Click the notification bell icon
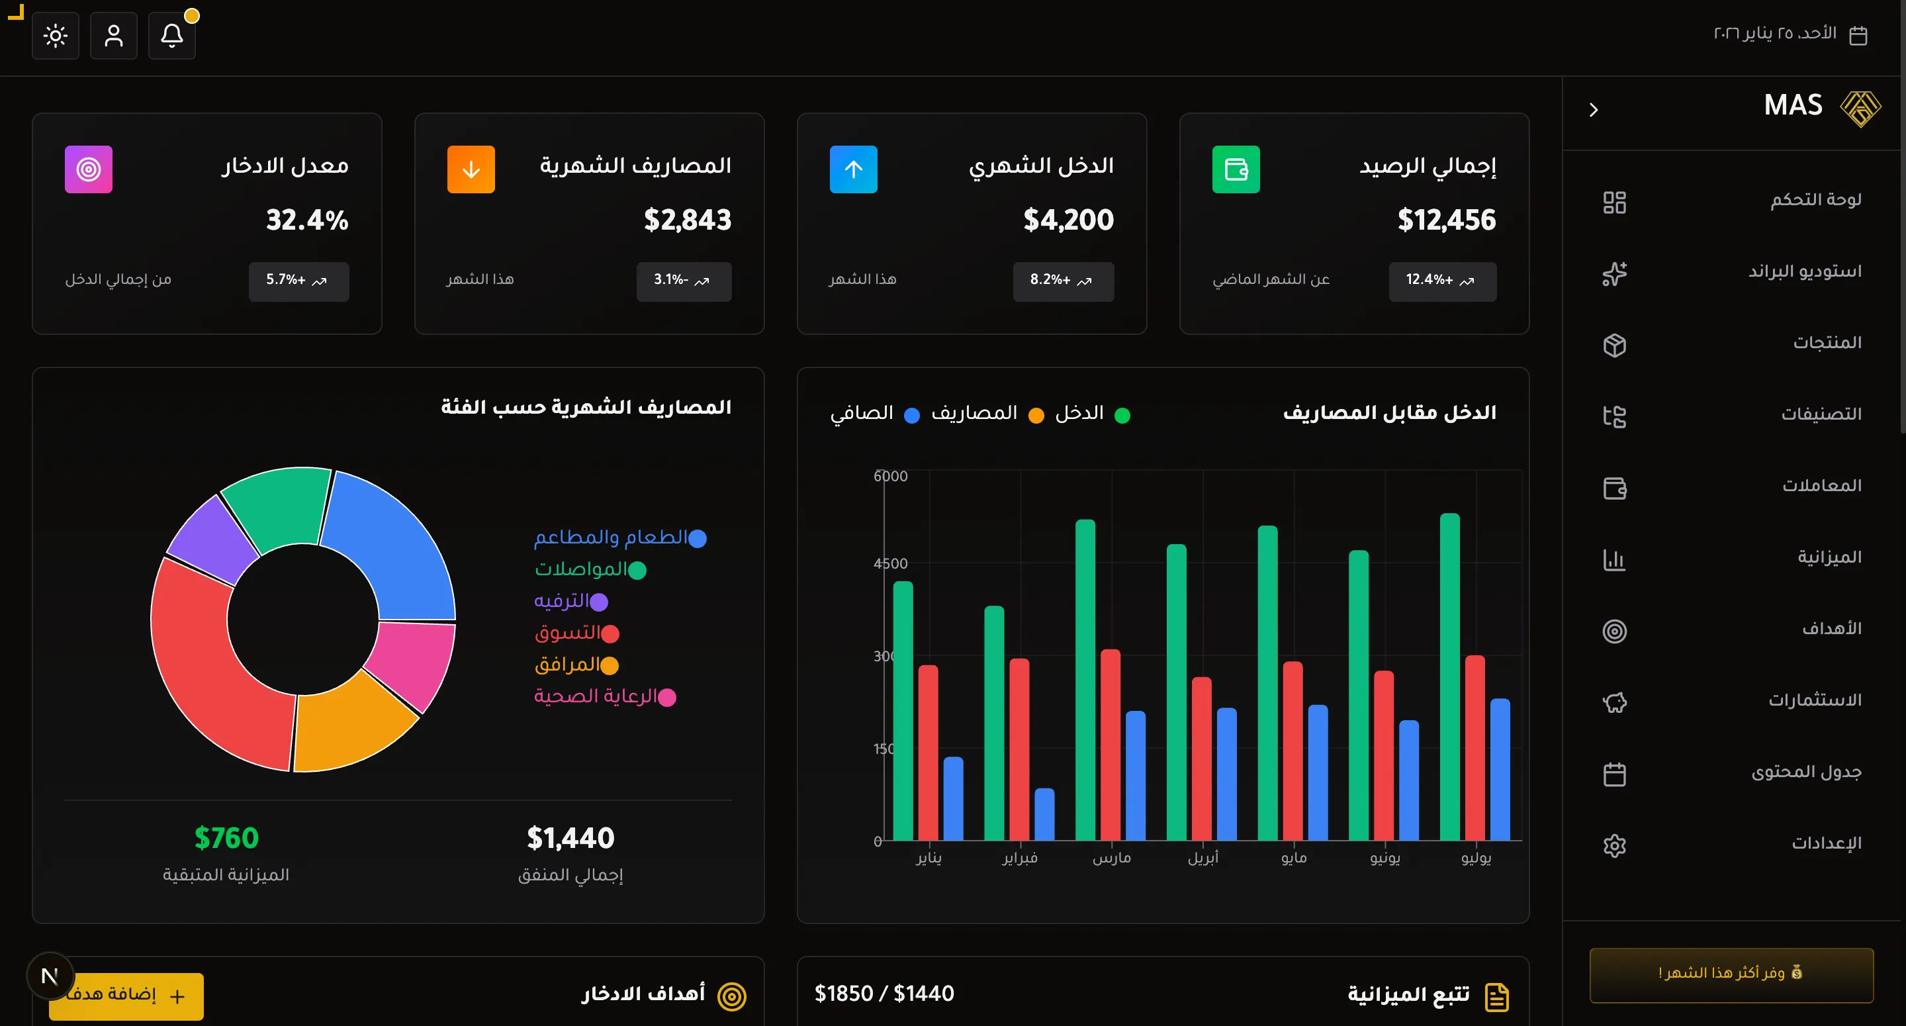[171, 36]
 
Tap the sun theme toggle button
[56, 36]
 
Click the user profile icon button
[113, 36]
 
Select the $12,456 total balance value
[1446, 220]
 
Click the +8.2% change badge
[1062, 281]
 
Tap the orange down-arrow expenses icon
[471, 169]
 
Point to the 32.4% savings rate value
[307, 220]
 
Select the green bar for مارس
[1085, 680]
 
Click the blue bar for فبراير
[1044, 814]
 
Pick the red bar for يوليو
[1475, 748]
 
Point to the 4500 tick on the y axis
[890, 563]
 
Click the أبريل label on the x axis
[1203, 858]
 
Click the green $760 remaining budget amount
[226, 838]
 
